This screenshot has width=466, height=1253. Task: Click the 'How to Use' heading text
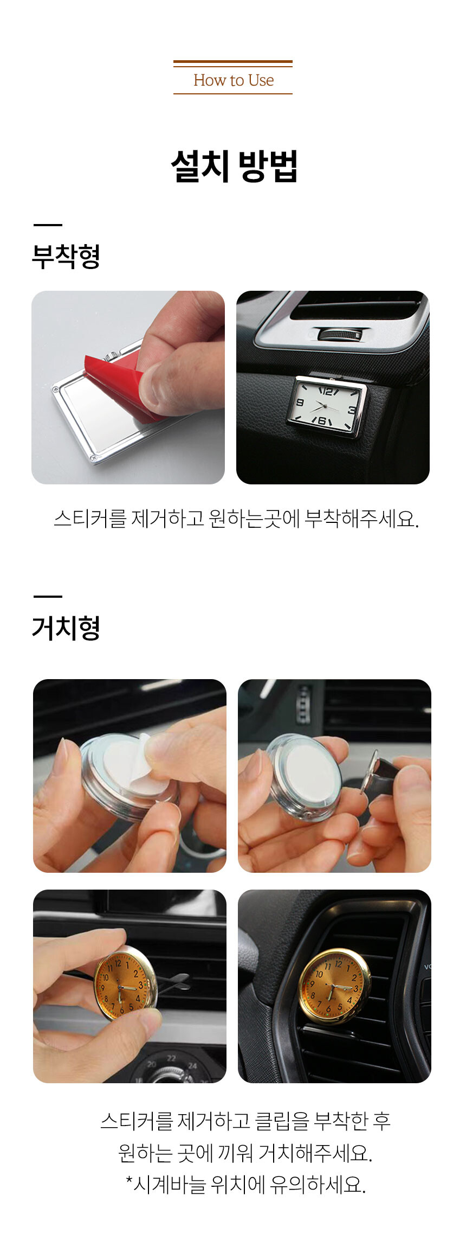234,80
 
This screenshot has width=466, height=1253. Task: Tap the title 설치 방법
234,166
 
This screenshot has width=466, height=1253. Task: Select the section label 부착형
66,256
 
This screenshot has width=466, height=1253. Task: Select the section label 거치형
66,628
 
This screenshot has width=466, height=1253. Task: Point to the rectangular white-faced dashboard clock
326,406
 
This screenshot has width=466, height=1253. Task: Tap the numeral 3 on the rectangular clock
352,410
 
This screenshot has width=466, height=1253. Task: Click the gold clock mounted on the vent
334,986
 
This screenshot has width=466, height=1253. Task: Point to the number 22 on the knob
171,1058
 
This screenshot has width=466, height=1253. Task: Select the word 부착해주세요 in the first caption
362,519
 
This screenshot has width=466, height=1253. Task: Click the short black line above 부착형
48,225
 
